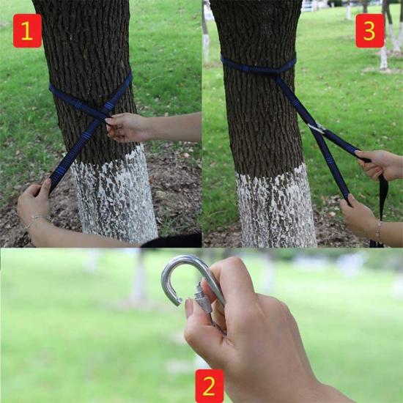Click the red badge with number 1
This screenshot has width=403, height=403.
(x=27, y=31)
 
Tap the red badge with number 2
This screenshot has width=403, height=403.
(x=210, y=385)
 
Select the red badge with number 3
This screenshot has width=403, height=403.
(x=369, y=31)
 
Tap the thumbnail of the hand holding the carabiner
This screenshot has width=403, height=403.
(x=189, y=308)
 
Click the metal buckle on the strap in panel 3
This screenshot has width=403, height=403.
(x=317, y=128)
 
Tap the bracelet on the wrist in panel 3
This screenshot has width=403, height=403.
(x=377, y=232)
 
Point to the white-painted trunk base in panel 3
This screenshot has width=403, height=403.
(x=276, y=208)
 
